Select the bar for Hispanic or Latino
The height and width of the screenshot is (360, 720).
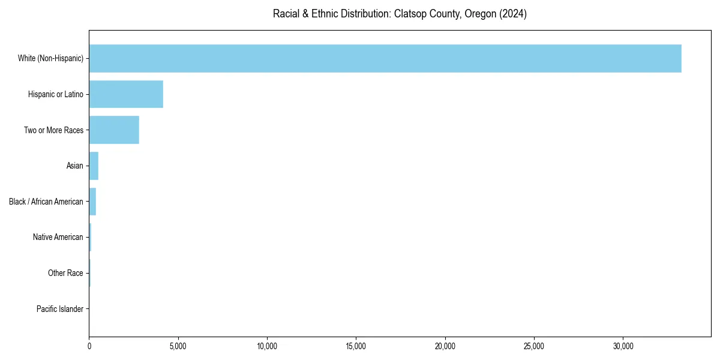coord(126,94)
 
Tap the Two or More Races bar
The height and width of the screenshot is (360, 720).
coord(114,130)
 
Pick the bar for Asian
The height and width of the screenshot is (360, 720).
coord(94,166)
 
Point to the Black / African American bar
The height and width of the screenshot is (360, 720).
coord(92,202)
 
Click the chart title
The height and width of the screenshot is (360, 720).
coord(400,14)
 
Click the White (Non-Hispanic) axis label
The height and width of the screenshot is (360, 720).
coord(50,58)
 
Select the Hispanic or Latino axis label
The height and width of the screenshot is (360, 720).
coord(56,94)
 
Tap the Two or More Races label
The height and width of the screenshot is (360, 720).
coord(53,130)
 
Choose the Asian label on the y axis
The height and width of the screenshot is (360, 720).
coord(75,166)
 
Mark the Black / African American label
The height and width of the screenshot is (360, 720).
coord(46,202)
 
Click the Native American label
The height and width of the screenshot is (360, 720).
coord(58,237)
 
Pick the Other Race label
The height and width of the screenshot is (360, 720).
coord(65,273)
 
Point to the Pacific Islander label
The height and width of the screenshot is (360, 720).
coord(60,309)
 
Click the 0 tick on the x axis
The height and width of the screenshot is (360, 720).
coord(89,346)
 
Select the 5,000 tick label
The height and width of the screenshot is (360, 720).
coord(178,346)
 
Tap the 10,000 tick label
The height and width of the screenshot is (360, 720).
coord(267,346)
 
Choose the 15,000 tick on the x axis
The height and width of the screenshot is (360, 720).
coord(356,346)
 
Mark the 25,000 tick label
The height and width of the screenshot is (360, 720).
coord(534,346)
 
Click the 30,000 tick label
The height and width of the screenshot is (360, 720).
coord(623,346)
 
